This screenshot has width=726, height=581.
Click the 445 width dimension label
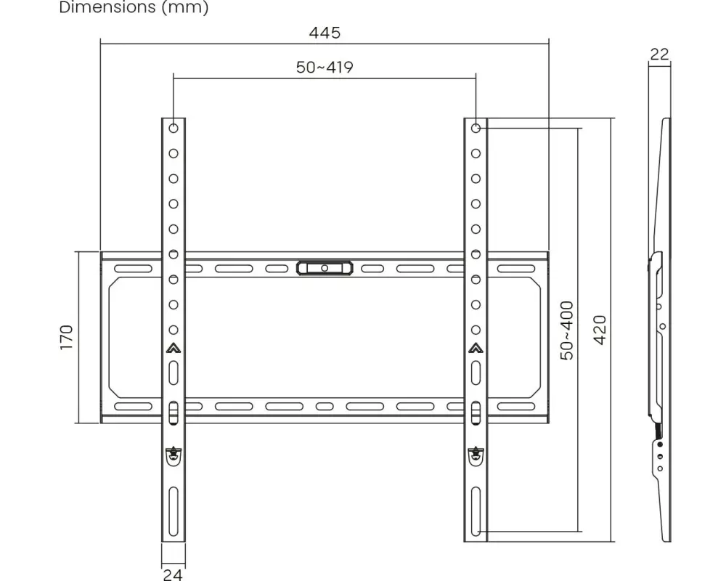(x=325, y=33)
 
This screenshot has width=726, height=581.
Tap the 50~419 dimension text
(x=325, y=68)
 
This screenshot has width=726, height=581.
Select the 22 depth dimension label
(x=659, y=54)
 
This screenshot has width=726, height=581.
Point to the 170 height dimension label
(x=67, y=337)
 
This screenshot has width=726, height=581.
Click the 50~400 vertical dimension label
(x=567, y=330)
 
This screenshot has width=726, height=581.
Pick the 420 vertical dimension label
(x=600, y=330)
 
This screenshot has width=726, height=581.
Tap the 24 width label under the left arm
(x=173, y=574)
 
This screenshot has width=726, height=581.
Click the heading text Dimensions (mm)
(x=134, y=7)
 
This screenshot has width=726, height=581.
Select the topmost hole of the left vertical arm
(x=174, y=128)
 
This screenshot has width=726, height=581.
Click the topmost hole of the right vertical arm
(x=476, y=128)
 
